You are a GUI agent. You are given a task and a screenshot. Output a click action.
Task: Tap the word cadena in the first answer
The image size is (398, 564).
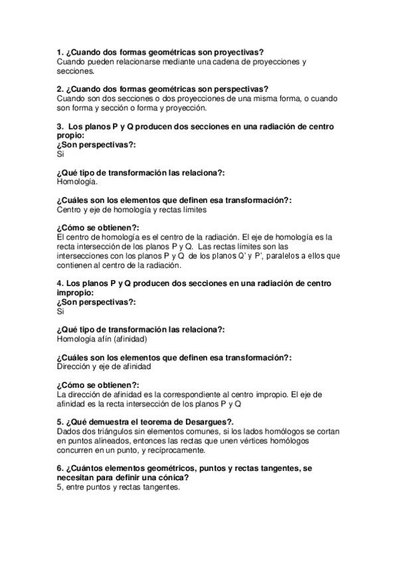tap(220, 62)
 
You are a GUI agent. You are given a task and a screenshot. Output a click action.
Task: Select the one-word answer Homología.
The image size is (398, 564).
tap(78, 181)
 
